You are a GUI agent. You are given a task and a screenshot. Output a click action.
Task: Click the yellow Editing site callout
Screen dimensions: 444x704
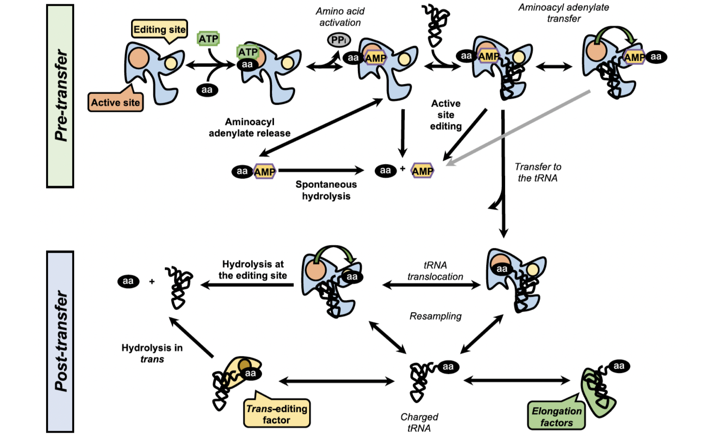(x=159, y=29)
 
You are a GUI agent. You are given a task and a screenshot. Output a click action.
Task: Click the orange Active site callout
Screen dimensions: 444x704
(x=115, y=102)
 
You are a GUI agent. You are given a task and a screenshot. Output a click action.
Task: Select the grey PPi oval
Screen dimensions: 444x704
(x=339, y=40)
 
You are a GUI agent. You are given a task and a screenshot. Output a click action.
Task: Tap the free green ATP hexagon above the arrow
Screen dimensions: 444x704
(x=208, y=39)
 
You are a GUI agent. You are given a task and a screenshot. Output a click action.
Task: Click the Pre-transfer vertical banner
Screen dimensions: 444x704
(x=60, y=96)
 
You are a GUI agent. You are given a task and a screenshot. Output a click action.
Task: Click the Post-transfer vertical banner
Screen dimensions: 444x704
(x=60, y=341)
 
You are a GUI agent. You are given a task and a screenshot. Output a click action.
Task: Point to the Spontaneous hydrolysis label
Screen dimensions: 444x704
(x=326, y=190)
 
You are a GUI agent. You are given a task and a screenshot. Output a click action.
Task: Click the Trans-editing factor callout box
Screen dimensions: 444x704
(x=277, y=414)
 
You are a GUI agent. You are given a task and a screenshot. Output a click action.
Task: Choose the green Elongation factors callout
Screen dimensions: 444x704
(x=556, y=417)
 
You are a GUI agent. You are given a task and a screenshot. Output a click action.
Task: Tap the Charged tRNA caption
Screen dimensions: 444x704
(x=419, y=422)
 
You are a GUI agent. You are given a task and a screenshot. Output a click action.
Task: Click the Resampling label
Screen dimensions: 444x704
(x=435, y=316)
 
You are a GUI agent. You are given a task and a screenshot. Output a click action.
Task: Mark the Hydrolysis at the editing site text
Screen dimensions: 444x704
(x=253, y=269)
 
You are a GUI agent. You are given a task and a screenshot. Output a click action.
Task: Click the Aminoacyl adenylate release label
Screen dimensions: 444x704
(x=250, y=127)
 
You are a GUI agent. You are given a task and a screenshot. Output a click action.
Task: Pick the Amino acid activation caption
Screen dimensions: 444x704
(x=340, y=17)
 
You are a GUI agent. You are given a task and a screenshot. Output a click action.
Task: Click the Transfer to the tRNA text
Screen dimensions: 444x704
(x=538, y=172)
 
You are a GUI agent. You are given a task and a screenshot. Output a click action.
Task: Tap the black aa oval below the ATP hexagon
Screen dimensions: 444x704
(x=207, y=90)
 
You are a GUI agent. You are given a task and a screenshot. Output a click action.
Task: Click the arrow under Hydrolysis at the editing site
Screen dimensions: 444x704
(x=247, y=285)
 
